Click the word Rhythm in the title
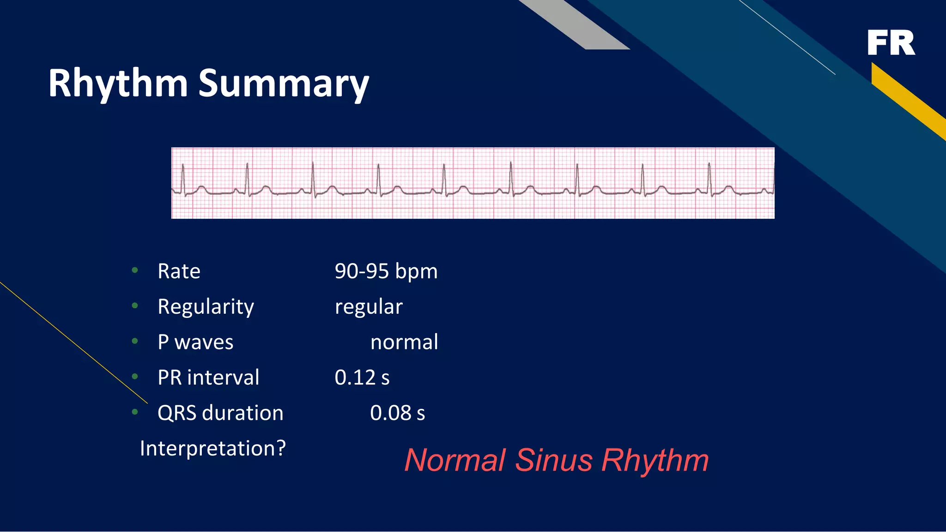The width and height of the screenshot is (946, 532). click(x=118, y=84)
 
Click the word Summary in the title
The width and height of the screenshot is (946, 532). click(x=284, y=84)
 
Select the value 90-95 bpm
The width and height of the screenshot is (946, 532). click(x=386, y=271)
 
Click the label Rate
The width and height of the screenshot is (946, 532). click(x=179, y=271)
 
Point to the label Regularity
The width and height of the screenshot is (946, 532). click(x=206, y=307)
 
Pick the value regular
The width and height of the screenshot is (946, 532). click(x=368, y=307)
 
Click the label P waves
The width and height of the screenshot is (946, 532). click(x=195, y=342)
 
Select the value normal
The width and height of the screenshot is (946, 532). click(x=404, y=342)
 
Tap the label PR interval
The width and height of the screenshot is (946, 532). click(x=208, y=377)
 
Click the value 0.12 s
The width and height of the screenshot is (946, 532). click(x=362, y=377)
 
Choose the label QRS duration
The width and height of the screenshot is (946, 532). click(x=220, y=413)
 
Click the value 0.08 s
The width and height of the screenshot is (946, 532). click(x=397, y=413)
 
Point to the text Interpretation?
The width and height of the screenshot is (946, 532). click(x=212, y=448)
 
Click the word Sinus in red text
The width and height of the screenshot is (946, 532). click(x=553, y=460)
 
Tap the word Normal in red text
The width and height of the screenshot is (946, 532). click(x=455, y=460)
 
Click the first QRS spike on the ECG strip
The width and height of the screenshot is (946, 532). click(x=183, y=178)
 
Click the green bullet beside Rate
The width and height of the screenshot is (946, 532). click(x=135, y=270)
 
